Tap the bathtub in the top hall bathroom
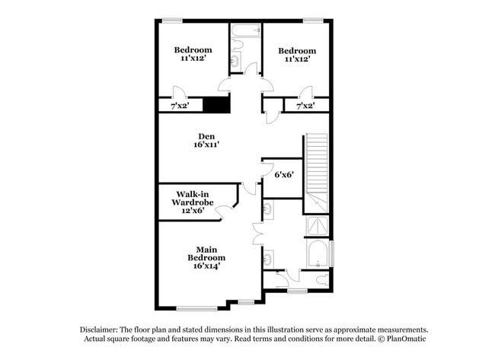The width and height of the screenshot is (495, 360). tap(246, 31)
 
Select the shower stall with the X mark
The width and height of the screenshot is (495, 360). tap(317, 225)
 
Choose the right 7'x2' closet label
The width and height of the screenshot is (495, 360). tap(305, 106)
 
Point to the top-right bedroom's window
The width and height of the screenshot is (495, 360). tap(312, 21)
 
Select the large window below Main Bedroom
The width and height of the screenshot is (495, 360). tap(196, 308)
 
